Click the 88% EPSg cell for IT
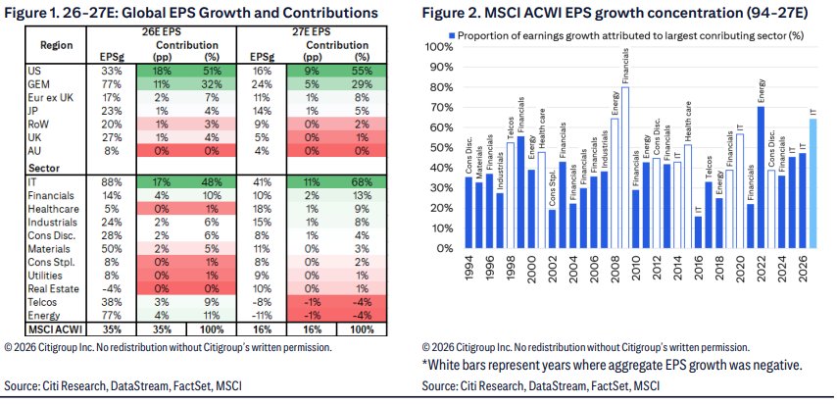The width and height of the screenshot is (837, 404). (x=111, y=182)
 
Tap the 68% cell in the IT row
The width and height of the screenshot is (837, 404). (x=363, y=182)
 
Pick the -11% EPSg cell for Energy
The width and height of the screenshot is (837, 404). (x=261, y=316)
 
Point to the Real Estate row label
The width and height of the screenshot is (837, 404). (x=53, y=289)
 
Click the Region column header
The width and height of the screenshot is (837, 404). (x=56, y=45)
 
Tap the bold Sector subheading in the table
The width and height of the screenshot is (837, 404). (x=43, y=169)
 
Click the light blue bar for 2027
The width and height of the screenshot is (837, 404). (x=813, y=183)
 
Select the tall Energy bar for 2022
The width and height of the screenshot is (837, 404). (x=761, y=177)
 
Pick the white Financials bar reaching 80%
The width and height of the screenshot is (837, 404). (x=625, y=168)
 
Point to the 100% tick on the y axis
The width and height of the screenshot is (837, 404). (x=440, y=48)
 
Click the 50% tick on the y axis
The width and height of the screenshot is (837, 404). (x=442, y=148)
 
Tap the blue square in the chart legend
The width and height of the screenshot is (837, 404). (x=452, y=36)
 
